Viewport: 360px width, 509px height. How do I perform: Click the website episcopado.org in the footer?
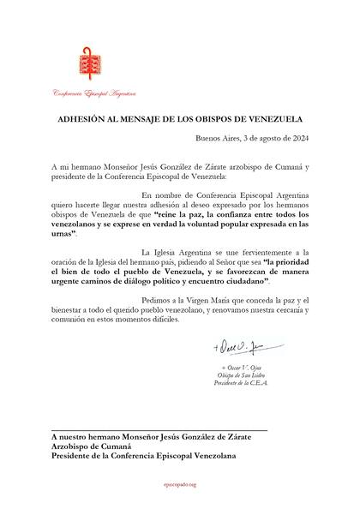point(179,484)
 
